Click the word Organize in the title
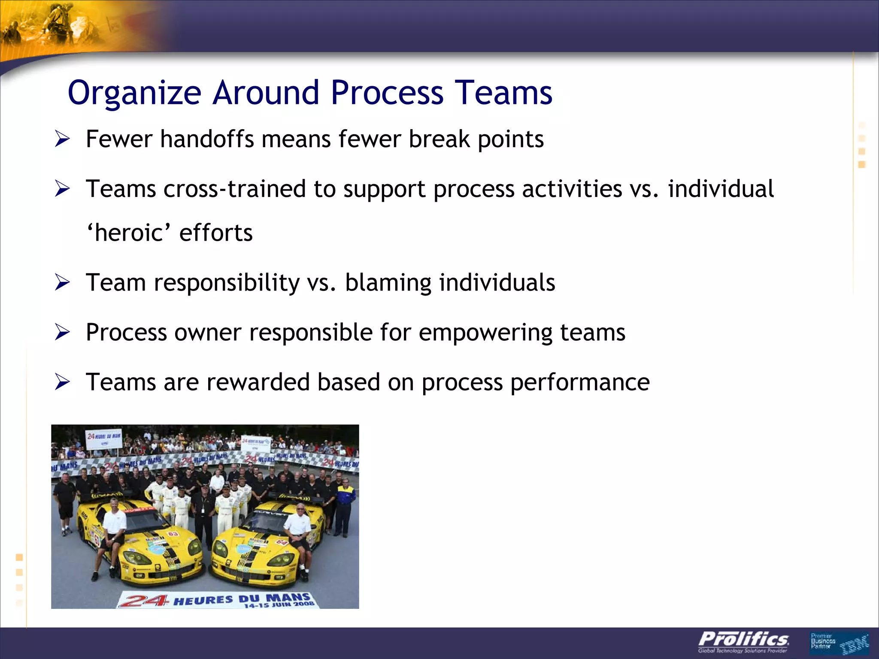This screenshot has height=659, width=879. tap(134, 93)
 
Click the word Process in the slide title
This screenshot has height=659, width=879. tap(387, 93)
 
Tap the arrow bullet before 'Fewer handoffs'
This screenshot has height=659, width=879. tap(62, 139)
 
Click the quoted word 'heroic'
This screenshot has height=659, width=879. tap(129, 233)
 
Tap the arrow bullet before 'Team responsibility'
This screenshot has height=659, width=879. tap(62, 283)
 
